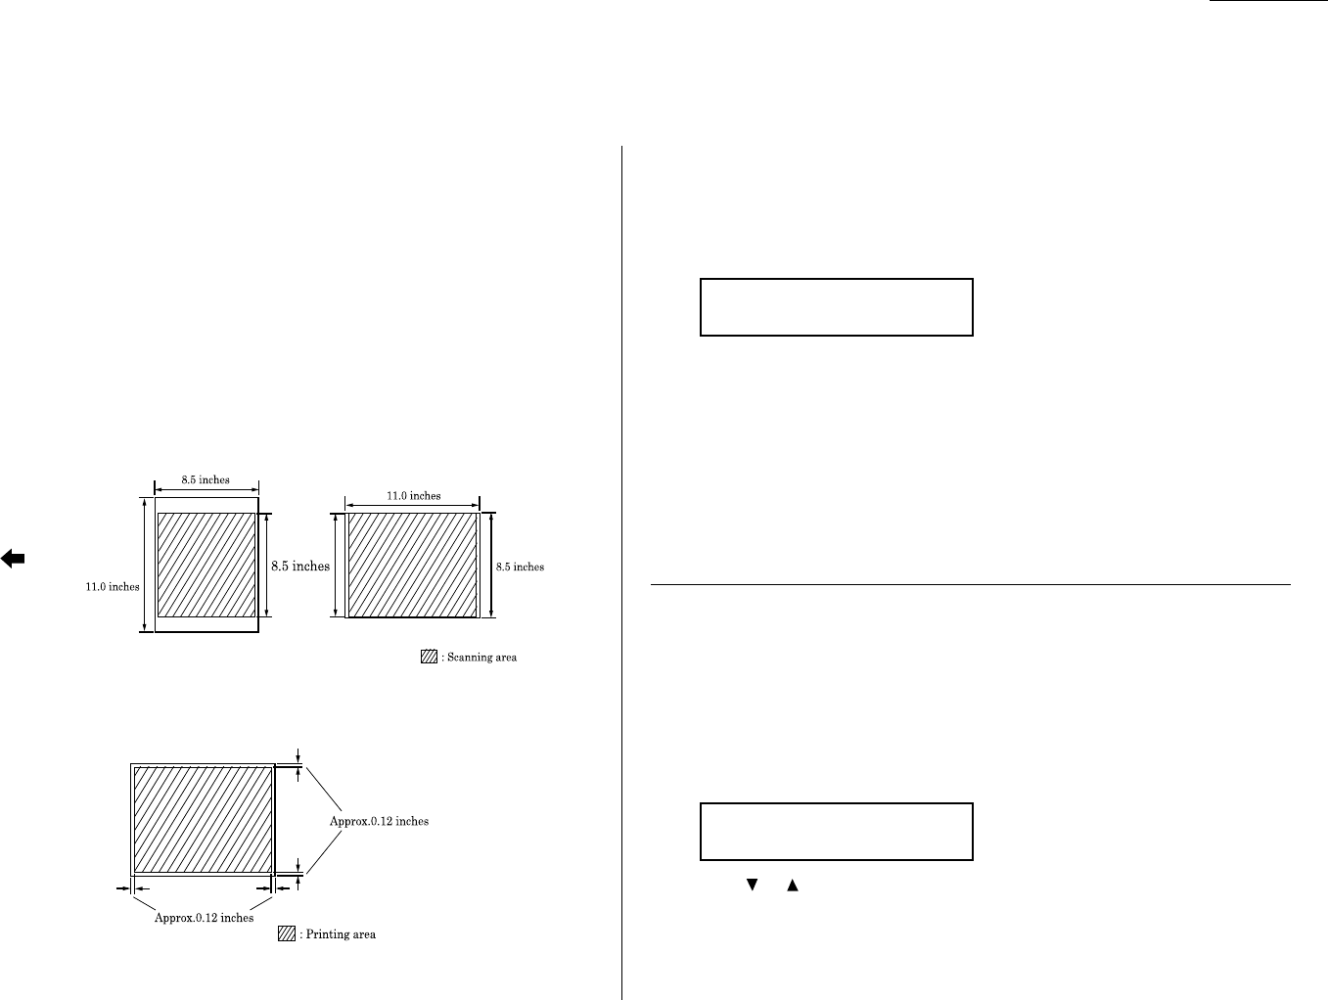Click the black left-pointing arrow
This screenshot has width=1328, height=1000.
pyautogui.click(x=13, y=559)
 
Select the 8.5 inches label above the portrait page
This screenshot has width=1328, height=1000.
pyautogui.click(x=206, y=479)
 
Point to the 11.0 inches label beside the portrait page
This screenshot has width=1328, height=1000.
pyautogui.click(x=112, y=587)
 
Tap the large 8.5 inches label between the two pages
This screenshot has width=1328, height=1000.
pyautogui.click(x=298, y=566)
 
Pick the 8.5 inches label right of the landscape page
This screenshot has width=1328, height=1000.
pyautogui.click(x=520, y=567)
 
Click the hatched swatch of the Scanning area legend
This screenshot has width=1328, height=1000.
pyautogui.click(x=429, y=658)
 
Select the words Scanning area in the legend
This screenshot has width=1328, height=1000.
pyautogui.click(x=481, y=658)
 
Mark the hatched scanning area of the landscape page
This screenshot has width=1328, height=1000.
pyautogui.click(x=413, y=565)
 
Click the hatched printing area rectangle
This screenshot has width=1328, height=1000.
pyautogui.click(x=203, y=819)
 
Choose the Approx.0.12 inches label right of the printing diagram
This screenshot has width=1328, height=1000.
pyautogui.click(x=379, y=821)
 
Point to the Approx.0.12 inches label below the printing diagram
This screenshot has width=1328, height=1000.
pyautogui.click(x=205, y=918)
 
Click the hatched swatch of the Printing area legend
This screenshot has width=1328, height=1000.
pyautogui.click(x=286, y=934)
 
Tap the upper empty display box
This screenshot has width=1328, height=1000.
pyautogui.click(x=836, y=307)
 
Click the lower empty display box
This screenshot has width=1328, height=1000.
pyautogui.click(x=836, y=832)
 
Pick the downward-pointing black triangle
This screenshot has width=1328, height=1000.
pyautogui.click(x=753, y=885)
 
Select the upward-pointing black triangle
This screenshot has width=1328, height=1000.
pyautogui.click(x=793, y=885)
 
